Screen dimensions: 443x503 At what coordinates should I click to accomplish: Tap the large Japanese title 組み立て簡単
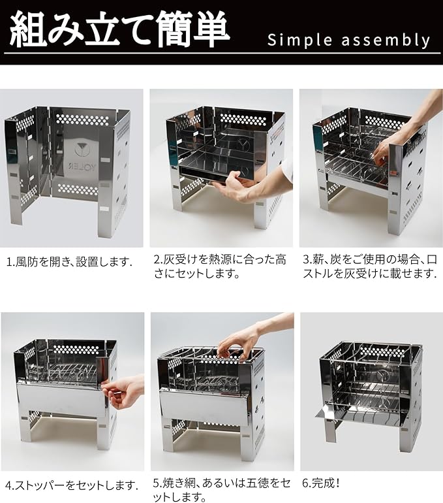coord(120,29)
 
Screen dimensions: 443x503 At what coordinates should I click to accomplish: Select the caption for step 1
coord(69,262)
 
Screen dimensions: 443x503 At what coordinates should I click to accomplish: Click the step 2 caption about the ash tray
coord(220,267)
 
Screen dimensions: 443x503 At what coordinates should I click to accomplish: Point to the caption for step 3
coord(370,267)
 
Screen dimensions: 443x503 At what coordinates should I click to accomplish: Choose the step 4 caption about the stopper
coord(72,485)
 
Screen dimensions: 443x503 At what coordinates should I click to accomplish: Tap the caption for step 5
coord(222,490)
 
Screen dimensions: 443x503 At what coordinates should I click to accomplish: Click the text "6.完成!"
coord(320,483)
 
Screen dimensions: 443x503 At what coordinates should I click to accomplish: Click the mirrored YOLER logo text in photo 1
coord(81,167)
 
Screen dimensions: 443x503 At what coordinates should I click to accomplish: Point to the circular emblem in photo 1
coord(81,149)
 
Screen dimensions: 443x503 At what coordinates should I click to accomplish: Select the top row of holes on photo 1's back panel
coord(83,120)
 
